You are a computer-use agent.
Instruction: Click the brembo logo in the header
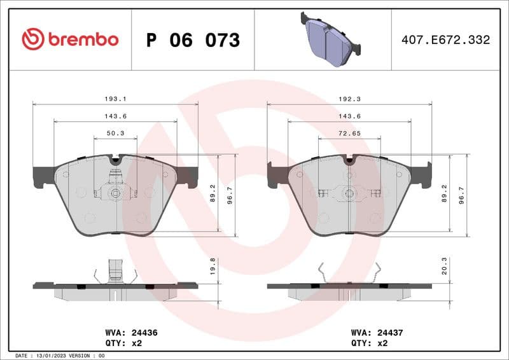click(x=70, y=39)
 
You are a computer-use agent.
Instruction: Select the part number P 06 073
click(x=193, y=40)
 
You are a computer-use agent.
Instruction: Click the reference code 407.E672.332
click(x=445, y=40)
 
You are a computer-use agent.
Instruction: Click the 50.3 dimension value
click(x=115, y=133)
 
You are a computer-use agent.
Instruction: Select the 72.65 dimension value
click(x=349, y=133)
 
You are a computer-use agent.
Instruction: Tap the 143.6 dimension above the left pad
click(x=115, y=116)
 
